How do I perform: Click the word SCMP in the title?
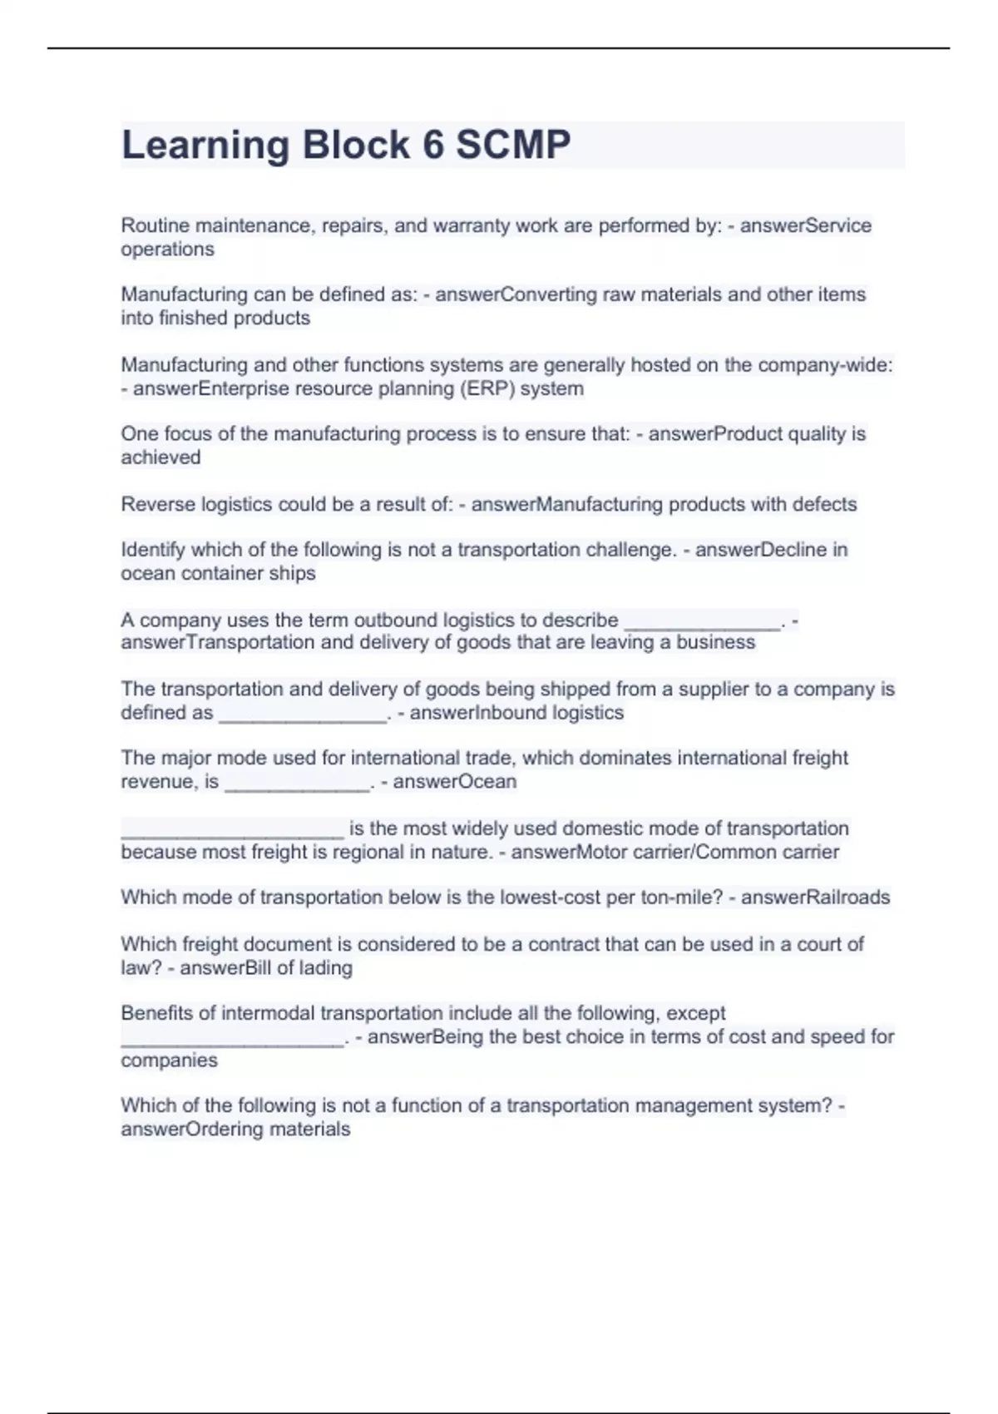[513, 145]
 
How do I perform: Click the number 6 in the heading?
[433, 145]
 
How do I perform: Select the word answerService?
[805, 225]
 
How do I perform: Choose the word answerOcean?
[455, 782]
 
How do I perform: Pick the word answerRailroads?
[815, 897]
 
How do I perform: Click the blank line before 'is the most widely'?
[232, 829]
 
